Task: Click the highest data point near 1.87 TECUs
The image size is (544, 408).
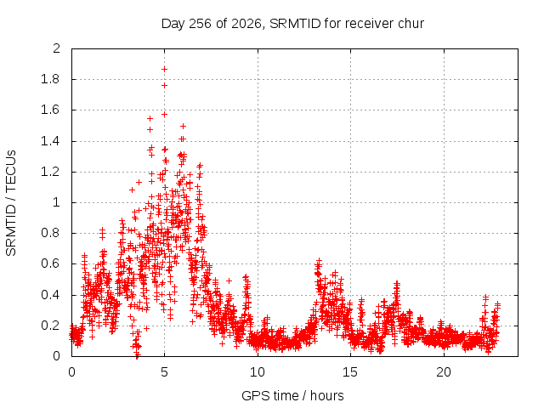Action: click(x=164, y=70)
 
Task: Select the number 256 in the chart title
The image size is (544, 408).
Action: click(x=200, y=24)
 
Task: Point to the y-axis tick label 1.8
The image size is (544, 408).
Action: click(x=50, y=79)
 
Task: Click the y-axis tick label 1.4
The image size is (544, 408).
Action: click(x=50, y=141)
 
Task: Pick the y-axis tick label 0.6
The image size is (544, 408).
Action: click(x=50, y=263)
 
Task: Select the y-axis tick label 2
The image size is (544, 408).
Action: click(x=57, y=48)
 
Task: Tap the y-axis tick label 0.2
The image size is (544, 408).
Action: click(x=50, y=326)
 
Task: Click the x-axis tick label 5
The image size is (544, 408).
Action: click(x=164, y=372)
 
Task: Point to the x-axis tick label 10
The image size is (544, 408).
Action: click(x=258, y=372)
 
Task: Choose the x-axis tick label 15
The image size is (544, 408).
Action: click(x=350, y=372)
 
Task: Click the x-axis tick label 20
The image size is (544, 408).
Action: click(x=444, y=372)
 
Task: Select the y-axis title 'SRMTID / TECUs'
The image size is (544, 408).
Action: click(x=11, y=203)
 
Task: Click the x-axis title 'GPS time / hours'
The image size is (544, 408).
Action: click(x=292, y=395)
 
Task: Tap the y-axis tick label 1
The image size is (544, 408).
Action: click(x=57, y=202)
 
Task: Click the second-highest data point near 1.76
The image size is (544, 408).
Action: click(x=164, y=85)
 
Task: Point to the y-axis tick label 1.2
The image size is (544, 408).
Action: click(x=50, y=172)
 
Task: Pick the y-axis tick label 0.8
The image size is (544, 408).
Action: click(x=50, y=233)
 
